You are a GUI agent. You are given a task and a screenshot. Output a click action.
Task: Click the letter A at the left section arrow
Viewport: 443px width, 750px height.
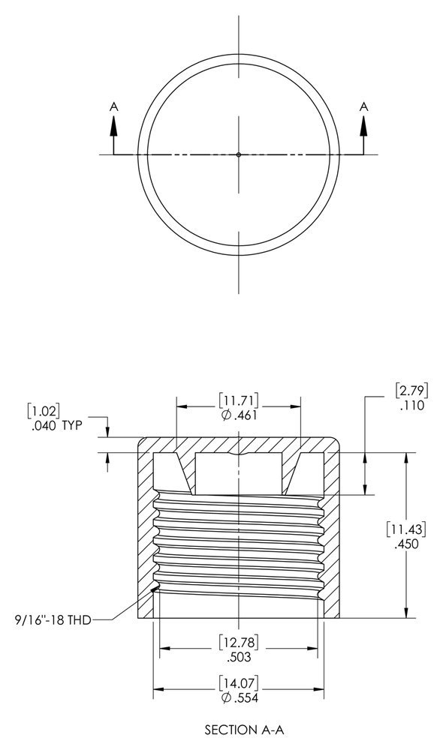114,107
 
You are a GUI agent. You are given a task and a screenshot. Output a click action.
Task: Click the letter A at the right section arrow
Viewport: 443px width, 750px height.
364,107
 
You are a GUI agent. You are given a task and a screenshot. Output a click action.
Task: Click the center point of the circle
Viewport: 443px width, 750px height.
239,154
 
